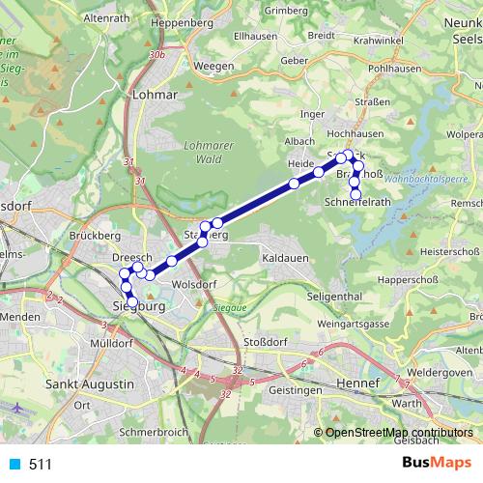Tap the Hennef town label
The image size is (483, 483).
tap(358, 384)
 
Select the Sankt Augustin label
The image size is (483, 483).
tap(90, 384)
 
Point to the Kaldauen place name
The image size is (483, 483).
tap(285, 260)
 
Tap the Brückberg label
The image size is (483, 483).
tap(95, 235)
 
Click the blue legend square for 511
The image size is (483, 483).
tap(13, 465)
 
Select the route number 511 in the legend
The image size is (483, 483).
tap(41, 465)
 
